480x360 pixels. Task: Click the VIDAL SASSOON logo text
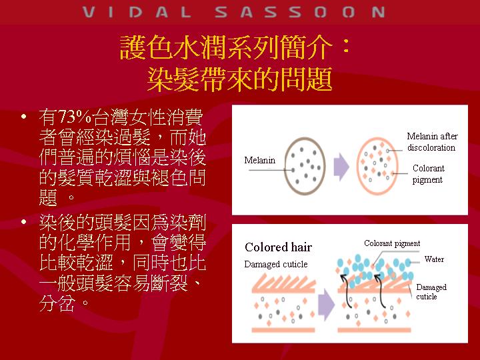pos(233,12)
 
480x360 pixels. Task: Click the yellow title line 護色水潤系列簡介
pos(226,48)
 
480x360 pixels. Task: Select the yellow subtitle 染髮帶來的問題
pos(240,79)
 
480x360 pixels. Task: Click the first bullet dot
pos(24,117)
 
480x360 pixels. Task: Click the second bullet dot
pos(24,222)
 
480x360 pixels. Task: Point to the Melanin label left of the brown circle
pos(259,160)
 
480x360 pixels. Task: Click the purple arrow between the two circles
pos(341,167)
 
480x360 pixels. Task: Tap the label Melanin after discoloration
pos(432,141)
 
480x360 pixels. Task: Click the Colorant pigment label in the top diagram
pos(428,173)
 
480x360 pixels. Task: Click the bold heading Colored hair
pos(278,247)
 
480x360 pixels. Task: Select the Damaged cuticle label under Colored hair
pos(276,264)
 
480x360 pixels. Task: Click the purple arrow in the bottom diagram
pos(326,305)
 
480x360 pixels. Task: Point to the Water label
pos(434,259)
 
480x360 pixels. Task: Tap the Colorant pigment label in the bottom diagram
pos(392,243)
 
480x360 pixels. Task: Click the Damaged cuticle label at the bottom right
pos(431,292)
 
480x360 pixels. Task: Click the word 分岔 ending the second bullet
pos(57,303)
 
